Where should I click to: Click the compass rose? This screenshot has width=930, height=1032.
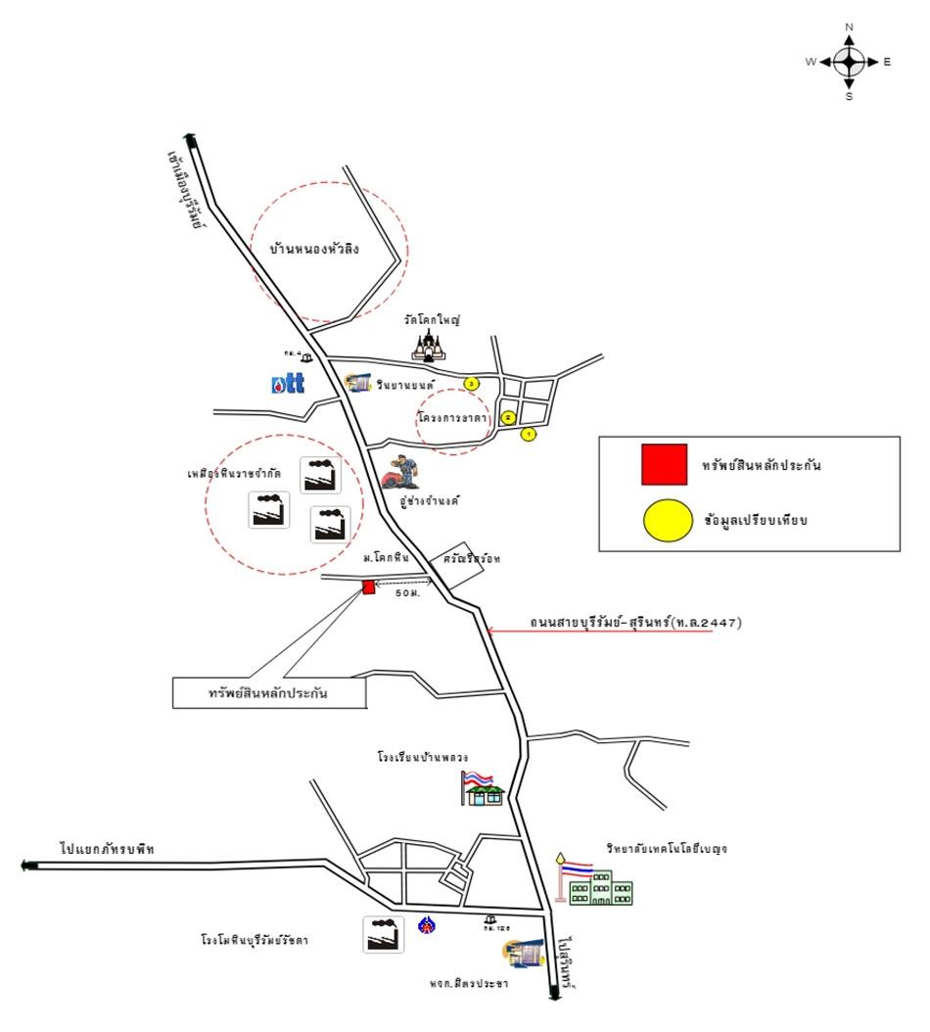pyautogui.click(x=849, y=62)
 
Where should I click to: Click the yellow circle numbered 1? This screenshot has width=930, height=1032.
pyautogui.click(x=529, y=434)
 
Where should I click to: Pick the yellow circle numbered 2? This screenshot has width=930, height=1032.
pyautogui.click(x=508, y=417)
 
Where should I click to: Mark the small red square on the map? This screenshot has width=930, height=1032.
pyautogui.click(x=369, y=586)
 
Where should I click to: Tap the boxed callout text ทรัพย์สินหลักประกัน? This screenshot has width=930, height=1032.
pyautogui.click(x=268, y=692)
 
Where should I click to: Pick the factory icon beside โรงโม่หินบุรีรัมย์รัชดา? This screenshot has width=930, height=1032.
pyautogui.click(x=383, y=934)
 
